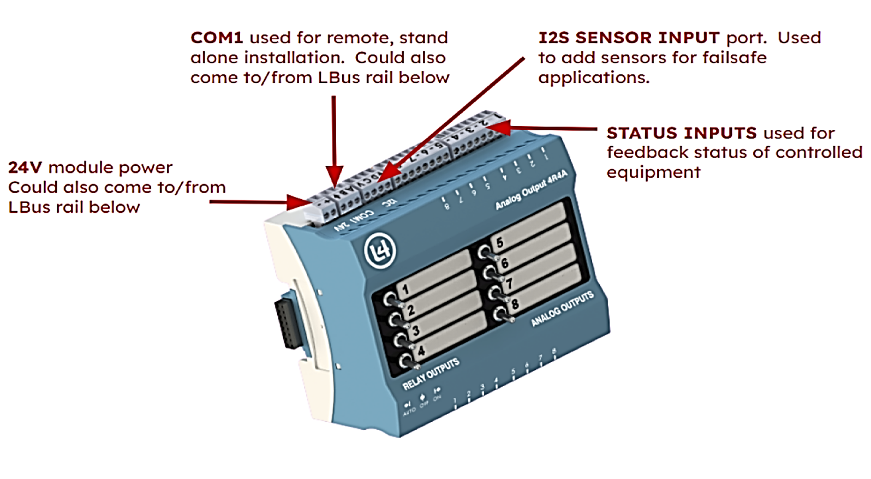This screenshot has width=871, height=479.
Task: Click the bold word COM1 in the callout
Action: [x=217, y=38]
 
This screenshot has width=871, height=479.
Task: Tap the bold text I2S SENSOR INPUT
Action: [x=629, y=38]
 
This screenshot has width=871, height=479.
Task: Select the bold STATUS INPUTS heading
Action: [x=682, y=133]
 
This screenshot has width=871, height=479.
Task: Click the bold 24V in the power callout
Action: [x=25, y=167]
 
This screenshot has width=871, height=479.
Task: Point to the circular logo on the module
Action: [x=380, y=251]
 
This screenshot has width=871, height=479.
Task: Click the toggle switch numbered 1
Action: [x=391, y=300]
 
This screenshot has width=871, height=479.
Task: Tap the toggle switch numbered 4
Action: [x=407, y=361]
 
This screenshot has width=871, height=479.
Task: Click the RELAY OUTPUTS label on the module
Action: [x=431, y=374]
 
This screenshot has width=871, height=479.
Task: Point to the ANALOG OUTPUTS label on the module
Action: [x=562, y=309]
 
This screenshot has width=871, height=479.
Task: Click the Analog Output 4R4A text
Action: [x=531, y=189]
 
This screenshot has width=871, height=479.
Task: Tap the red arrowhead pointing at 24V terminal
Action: [x=300, y=202]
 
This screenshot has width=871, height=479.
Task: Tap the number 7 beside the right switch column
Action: [x=509, y=283]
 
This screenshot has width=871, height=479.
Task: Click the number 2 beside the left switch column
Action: [x=411, y=310]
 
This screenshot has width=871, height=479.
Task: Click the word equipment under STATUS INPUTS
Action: [x=653, y=172]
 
